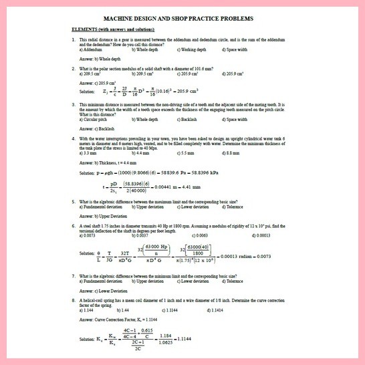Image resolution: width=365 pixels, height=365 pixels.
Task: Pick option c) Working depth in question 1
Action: (198, 49)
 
